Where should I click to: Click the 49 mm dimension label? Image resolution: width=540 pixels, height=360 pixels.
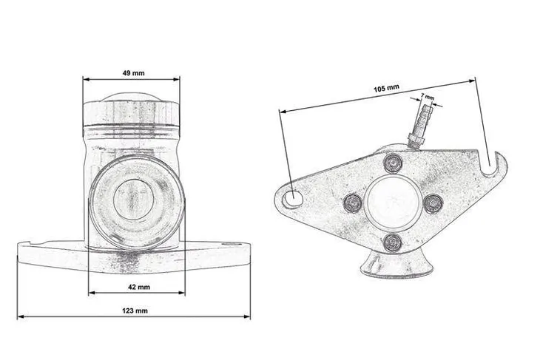134,73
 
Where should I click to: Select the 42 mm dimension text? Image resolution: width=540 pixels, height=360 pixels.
139,287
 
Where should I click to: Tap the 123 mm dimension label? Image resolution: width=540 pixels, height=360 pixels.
135,310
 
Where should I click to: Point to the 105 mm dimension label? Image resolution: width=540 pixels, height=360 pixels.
386,89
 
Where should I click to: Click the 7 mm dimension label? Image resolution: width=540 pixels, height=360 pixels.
428,97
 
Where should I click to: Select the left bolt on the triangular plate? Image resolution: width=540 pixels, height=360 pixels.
354,203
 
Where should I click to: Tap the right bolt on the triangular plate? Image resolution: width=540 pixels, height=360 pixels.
433,204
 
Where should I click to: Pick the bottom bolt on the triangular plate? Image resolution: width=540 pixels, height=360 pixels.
393,243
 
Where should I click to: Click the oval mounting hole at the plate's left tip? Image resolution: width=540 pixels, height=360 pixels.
292,199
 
